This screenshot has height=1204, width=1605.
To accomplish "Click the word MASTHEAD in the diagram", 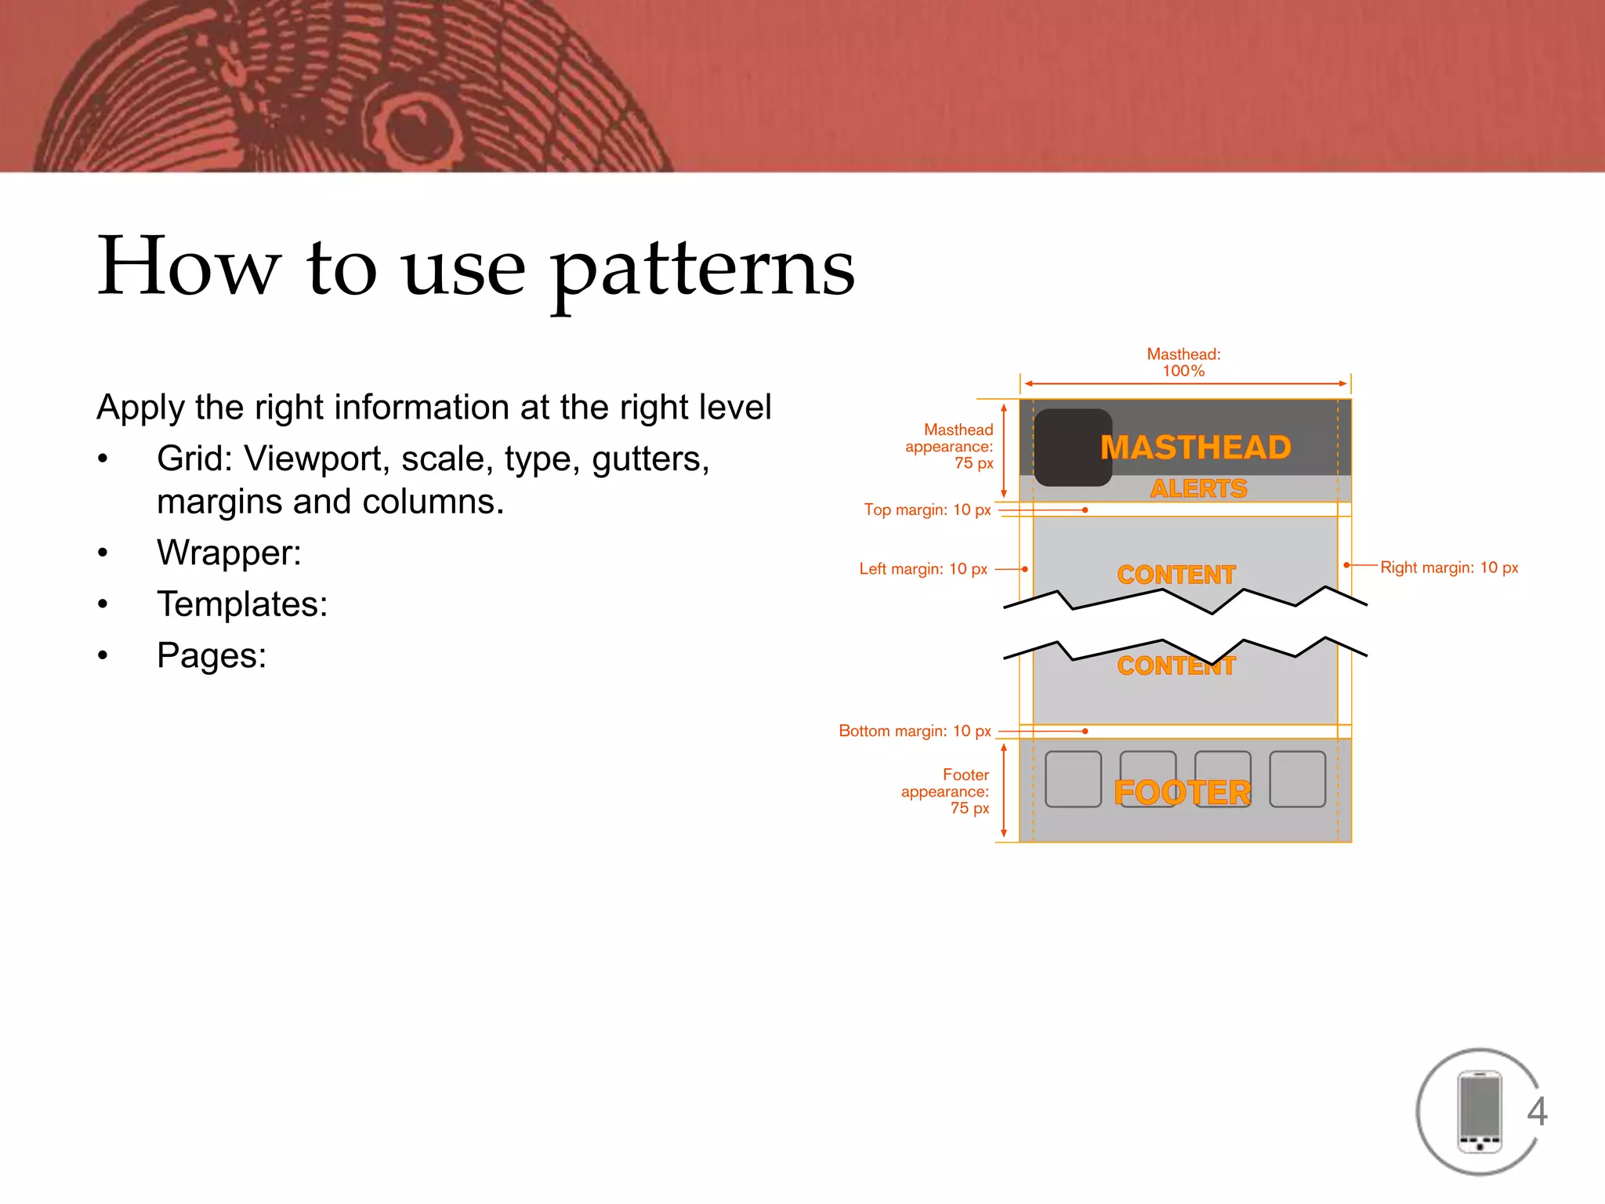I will point(1195,448).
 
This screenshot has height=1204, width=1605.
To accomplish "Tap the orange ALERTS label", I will point(1198,488).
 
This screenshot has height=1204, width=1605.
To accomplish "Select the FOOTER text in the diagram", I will point(1182,792).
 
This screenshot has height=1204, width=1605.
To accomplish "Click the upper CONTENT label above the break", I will point(1176,575).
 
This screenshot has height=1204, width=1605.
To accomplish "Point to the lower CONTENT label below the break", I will point(1176,665).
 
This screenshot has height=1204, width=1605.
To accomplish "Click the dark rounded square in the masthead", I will point(1072,448).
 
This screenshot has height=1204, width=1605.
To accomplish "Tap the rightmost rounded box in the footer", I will point(1297,779).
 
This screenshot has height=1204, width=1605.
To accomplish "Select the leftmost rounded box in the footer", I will point(1073,779).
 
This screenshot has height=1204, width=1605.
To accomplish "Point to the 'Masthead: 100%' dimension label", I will point(1183,362).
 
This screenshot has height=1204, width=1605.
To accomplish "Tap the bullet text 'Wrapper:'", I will point(229,553).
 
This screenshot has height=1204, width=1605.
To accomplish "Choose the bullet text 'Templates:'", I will point(242,604).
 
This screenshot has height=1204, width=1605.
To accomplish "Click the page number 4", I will point(1537,1111).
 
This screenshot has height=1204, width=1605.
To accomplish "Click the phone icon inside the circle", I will point(1479,1112).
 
